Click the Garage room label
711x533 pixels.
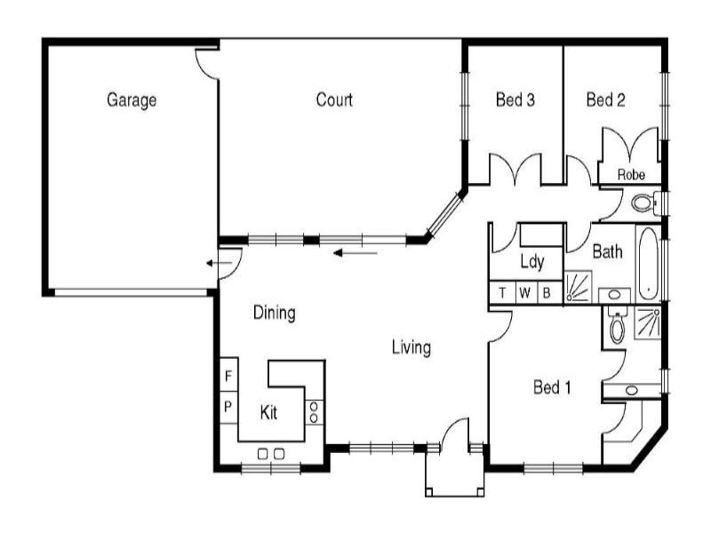pos(132,100)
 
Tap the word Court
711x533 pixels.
pos(334,100)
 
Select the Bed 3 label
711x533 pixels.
pos(515,100)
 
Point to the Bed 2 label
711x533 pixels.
pos(605,100)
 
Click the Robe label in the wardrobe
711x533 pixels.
pos(631,176)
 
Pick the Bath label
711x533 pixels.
pos(607,252)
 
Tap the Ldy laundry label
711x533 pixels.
pos(531,262)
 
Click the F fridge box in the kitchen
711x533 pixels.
pos(228,377)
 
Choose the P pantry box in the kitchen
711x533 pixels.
pos(228,407)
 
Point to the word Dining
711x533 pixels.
pos(274,313)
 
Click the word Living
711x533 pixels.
pos(411,347)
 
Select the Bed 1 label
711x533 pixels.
pos(552,387)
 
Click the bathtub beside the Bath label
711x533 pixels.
pos(648,264)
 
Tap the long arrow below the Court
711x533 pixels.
pos(355,253)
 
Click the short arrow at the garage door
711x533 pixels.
pos(212,263)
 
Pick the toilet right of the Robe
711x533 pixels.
pos(643,203)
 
